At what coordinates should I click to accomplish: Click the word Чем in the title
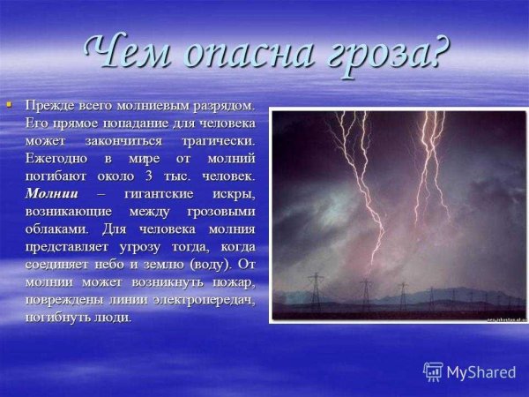(129, 55)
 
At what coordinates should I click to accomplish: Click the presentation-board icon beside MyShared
(433, 371)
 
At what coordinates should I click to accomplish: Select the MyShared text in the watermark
(481, 372)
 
